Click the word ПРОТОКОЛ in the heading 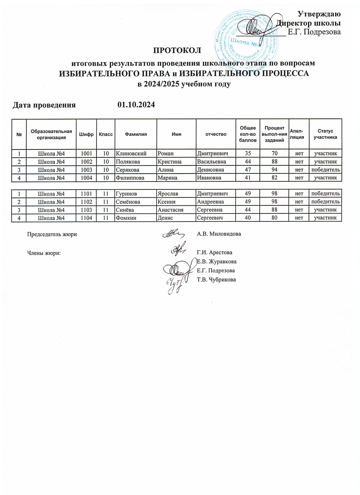pos(178,50)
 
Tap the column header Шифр pos(86,134)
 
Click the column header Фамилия pos(136,134)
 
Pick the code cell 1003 pos(86,170)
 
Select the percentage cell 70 pos(274,153)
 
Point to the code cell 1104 pos(86,218)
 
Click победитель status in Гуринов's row pos(325,194)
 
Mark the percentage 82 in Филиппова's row pos(274,178)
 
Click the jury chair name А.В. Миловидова pos(219,234)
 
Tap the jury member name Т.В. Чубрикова pos(216,280)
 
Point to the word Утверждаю pos(319,14)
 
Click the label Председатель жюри pos(52,234)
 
